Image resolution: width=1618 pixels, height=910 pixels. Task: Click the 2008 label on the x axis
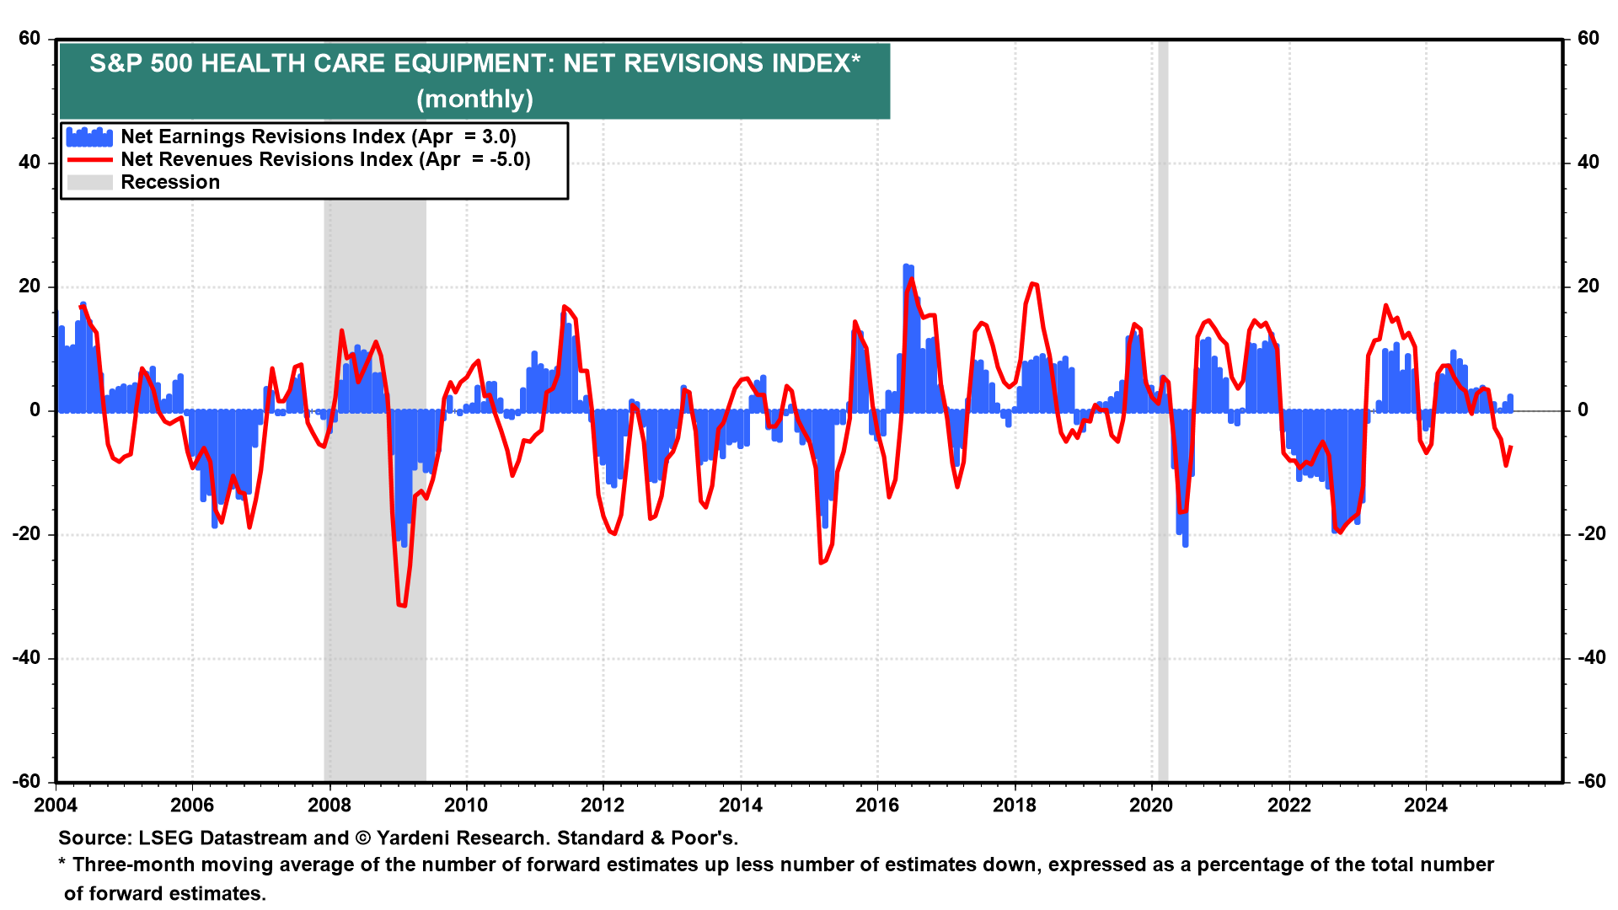329,806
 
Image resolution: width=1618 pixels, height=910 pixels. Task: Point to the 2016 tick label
877,806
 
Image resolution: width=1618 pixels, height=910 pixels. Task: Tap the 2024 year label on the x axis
1426,806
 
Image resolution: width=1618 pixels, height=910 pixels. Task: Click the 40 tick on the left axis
29,163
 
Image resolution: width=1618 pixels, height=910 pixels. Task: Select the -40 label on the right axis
1589,658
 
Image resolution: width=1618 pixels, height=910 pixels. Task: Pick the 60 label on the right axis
1589,39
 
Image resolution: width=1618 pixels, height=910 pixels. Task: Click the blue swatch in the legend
89,137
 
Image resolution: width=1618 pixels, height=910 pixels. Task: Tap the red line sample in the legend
89,160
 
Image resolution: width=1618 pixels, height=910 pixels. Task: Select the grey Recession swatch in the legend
89,183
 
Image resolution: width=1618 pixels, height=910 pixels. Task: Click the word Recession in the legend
170,183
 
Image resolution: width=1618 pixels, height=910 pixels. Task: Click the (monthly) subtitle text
474,99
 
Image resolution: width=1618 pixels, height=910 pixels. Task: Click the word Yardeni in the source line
418,838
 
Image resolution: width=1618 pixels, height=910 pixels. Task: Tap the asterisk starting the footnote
62,864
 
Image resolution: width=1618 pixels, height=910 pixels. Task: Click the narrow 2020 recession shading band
1163,590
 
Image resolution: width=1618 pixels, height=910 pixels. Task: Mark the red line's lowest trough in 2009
402,605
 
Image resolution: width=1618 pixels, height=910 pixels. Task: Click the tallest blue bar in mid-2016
906,337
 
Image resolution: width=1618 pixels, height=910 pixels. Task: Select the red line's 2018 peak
1033,284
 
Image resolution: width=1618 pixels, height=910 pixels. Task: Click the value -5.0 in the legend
509,160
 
